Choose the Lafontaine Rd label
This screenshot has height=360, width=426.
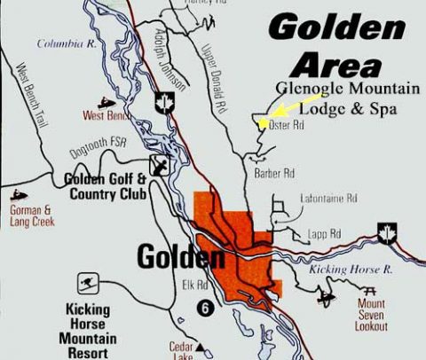(x=328, y=198)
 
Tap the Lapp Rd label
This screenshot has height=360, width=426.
(x=322, y=234)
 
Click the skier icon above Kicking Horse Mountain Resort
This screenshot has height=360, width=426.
(x=87, y=285)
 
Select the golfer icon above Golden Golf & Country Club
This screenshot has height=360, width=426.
(x=159, y=164)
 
